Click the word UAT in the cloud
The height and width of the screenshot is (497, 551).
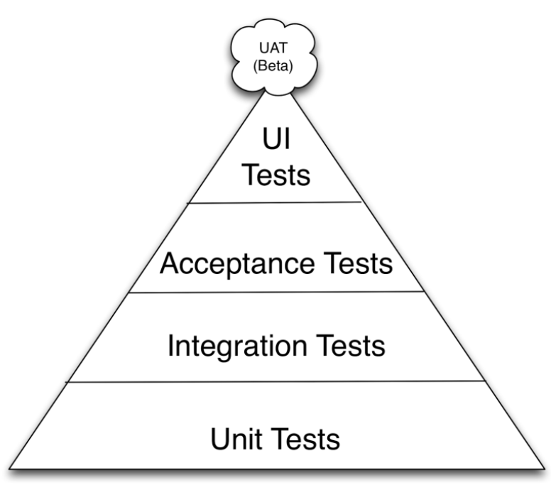tap(273, 48)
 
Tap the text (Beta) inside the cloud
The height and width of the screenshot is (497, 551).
tap(273, 66)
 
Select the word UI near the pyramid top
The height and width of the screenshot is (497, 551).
tap(276, 139)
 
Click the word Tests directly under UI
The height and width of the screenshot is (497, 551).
tap(276, 175)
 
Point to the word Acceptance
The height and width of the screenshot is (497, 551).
tap(237, 264)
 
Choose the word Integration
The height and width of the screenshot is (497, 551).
tap(238, 346)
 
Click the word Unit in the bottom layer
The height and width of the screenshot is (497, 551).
tap(237, 439)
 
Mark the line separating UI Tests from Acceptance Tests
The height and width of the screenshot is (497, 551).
tap(275, 202)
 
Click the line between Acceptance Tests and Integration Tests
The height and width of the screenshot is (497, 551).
tap(276, 292)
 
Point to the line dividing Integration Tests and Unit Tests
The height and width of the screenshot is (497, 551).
tap(276, 381)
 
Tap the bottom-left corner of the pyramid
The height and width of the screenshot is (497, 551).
tap(9, 469)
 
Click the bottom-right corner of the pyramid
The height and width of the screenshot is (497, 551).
tap(545, 469)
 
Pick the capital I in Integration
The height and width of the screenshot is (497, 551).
tap(170, 346)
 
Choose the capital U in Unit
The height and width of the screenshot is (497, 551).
tap(220, 439)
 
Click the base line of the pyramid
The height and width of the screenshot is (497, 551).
tap(277, 469)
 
